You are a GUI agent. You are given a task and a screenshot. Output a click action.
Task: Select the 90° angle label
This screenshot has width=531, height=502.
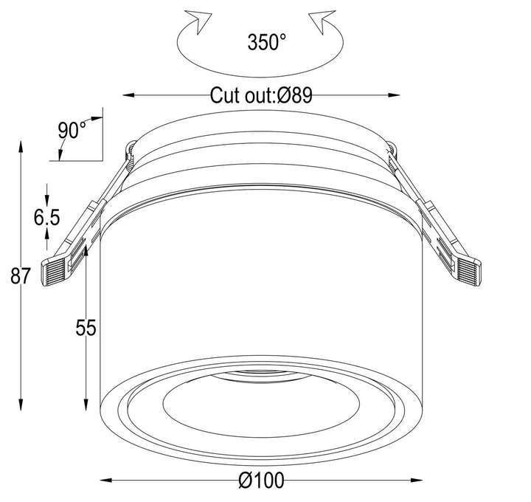pos(72,130)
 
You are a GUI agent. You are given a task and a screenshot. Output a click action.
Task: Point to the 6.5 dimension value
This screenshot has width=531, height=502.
pos(46,217)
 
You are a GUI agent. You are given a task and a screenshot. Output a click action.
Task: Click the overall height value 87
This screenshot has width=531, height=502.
pos(21,277)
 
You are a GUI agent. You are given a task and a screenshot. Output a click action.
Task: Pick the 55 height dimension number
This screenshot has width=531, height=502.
pos(86,327)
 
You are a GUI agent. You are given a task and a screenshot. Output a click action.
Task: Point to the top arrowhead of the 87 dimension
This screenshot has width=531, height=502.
pos(21,145)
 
